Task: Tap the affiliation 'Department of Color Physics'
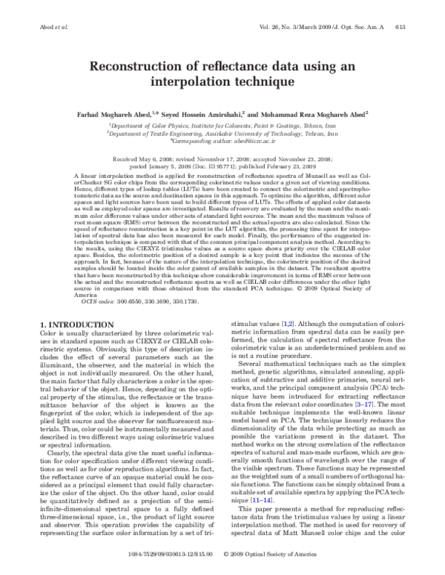click(154, 126)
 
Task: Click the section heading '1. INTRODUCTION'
click(74, 325)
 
